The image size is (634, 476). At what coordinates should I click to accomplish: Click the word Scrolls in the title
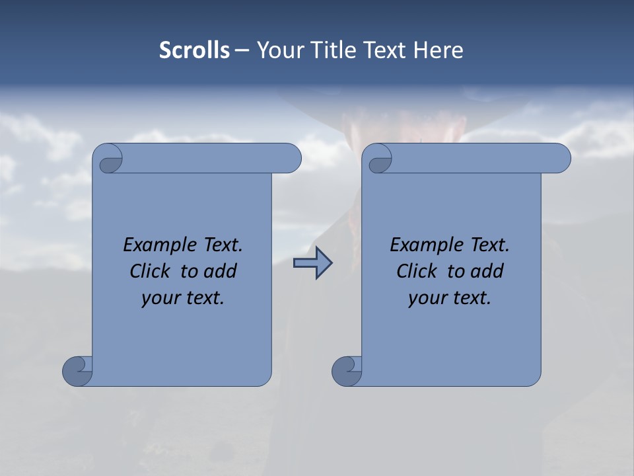[195, 50]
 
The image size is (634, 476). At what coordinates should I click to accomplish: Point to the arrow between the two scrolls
[312, 263]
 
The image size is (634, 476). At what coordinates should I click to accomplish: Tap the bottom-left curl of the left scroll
[77, 371]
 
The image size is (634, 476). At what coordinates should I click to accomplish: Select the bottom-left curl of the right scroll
[347, 371]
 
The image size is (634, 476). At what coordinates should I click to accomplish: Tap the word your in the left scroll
[160, 297]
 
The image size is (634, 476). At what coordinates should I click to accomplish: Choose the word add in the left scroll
[221, 271]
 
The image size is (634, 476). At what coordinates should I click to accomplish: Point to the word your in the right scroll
[427, 297]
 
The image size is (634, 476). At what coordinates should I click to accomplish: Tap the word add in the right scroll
[487, 271]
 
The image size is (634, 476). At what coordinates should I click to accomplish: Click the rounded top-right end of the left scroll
[291, 159]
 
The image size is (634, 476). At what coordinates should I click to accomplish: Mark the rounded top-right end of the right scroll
[560, 159]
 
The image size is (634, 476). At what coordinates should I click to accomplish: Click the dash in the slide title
[242, 50]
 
